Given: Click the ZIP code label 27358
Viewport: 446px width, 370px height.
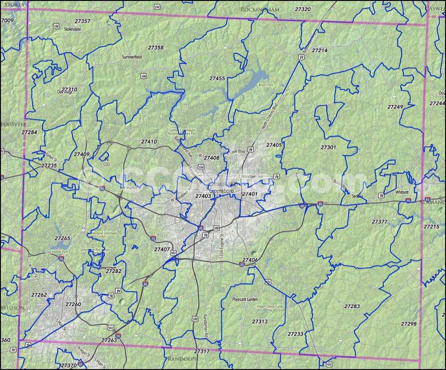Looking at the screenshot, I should point(156,48).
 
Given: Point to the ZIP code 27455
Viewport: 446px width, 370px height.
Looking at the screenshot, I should point(217,79).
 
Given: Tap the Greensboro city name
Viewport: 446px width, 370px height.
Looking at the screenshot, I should point(220,190).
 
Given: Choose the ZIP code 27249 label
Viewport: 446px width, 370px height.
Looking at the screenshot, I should point(395,107).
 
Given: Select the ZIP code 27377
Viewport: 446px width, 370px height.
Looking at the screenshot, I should point(380,222).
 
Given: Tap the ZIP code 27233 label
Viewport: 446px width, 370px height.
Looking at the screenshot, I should point(295,334).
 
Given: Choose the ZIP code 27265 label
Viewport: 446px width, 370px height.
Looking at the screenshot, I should point(62,238).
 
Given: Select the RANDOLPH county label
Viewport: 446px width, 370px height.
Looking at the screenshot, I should point(182,359).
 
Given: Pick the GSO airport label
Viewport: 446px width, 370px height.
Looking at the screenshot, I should point(107,163).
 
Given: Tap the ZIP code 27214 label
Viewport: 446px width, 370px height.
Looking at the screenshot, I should point(320,50).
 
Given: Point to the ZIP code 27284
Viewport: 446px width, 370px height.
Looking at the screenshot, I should point(29,132).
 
